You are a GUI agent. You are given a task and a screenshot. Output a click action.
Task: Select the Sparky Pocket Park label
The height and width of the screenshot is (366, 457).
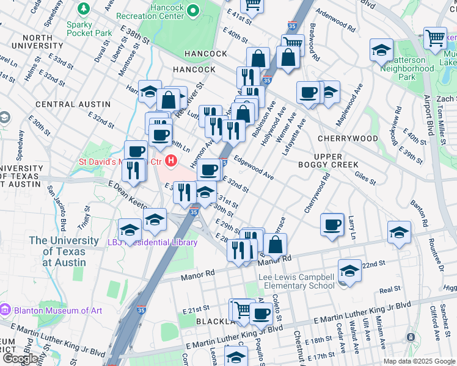click(89, 29)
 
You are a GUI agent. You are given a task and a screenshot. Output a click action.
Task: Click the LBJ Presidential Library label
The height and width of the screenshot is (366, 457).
click(160, 242)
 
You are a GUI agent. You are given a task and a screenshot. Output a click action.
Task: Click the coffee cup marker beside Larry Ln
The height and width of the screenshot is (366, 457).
click(332, 224)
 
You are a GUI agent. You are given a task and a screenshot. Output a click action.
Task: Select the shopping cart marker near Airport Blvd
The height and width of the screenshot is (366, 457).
click(435, 37)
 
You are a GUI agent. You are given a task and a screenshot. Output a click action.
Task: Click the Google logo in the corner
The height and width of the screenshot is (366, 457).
click(20, 359)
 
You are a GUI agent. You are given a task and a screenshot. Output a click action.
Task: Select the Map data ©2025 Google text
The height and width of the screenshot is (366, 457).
click(419, 361)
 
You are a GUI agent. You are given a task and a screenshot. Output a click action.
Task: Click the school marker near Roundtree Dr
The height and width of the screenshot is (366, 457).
click(399, 232)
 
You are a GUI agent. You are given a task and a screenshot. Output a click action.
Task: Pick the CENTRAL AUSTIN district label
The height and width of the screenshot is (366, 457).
click(63, 104)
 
